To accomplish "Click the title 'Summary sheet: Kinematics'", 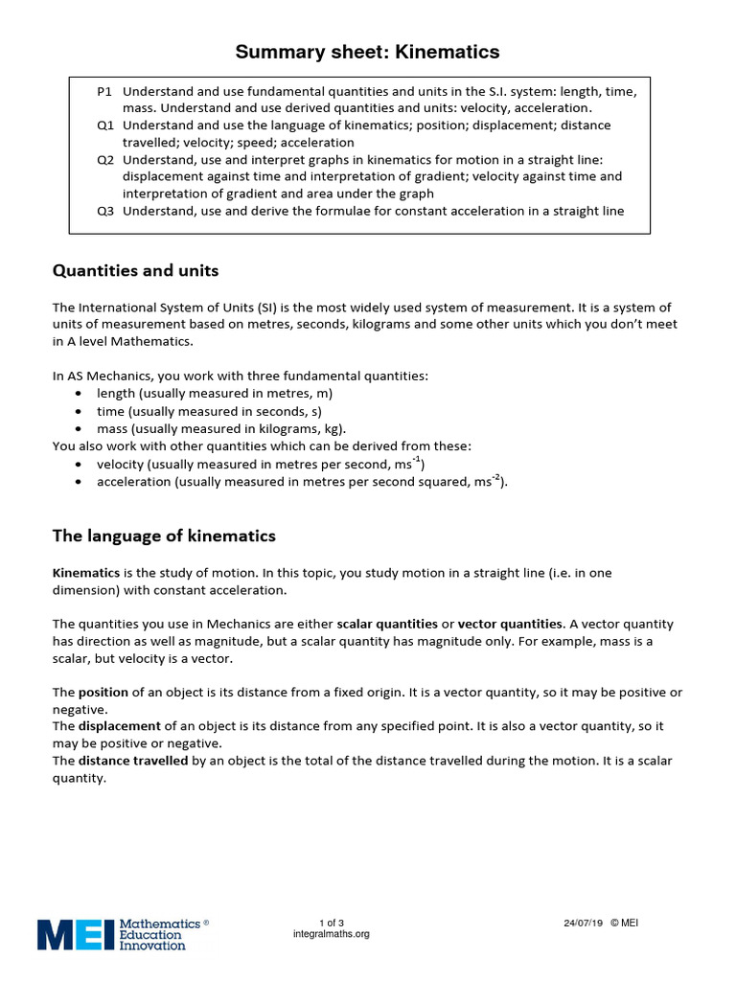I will pos(368,52).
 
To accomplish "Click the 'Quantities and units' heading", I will pos(135,271).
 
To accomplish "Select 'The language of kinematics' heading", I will pos(164,536).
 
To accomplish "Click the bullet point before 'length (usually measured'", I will pos(79,394).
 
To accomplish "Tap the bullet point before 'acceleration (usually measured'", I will pos(79,482).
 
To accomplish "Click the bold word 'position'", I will pos(103,692).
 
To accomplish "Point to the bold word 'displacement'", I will pos(121,726).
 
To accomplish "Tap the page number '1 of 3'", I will pos(331,923).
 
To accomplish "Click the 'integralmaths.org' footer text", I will pos(331,934).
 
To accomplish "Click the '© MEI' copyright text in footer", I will pos(624,923).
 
